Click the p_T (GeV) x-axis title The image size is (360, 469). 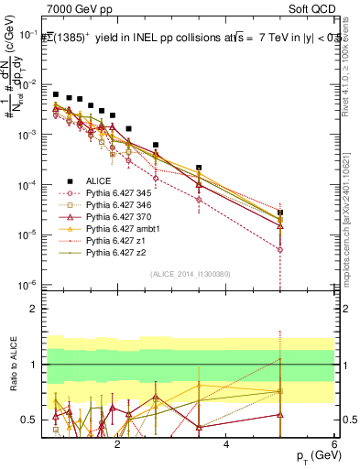(x=312, y=456)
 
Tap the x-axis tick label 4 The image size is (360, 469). (x=226, y=444)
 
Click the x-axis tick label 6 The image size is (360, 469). (x=334, y=444)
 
